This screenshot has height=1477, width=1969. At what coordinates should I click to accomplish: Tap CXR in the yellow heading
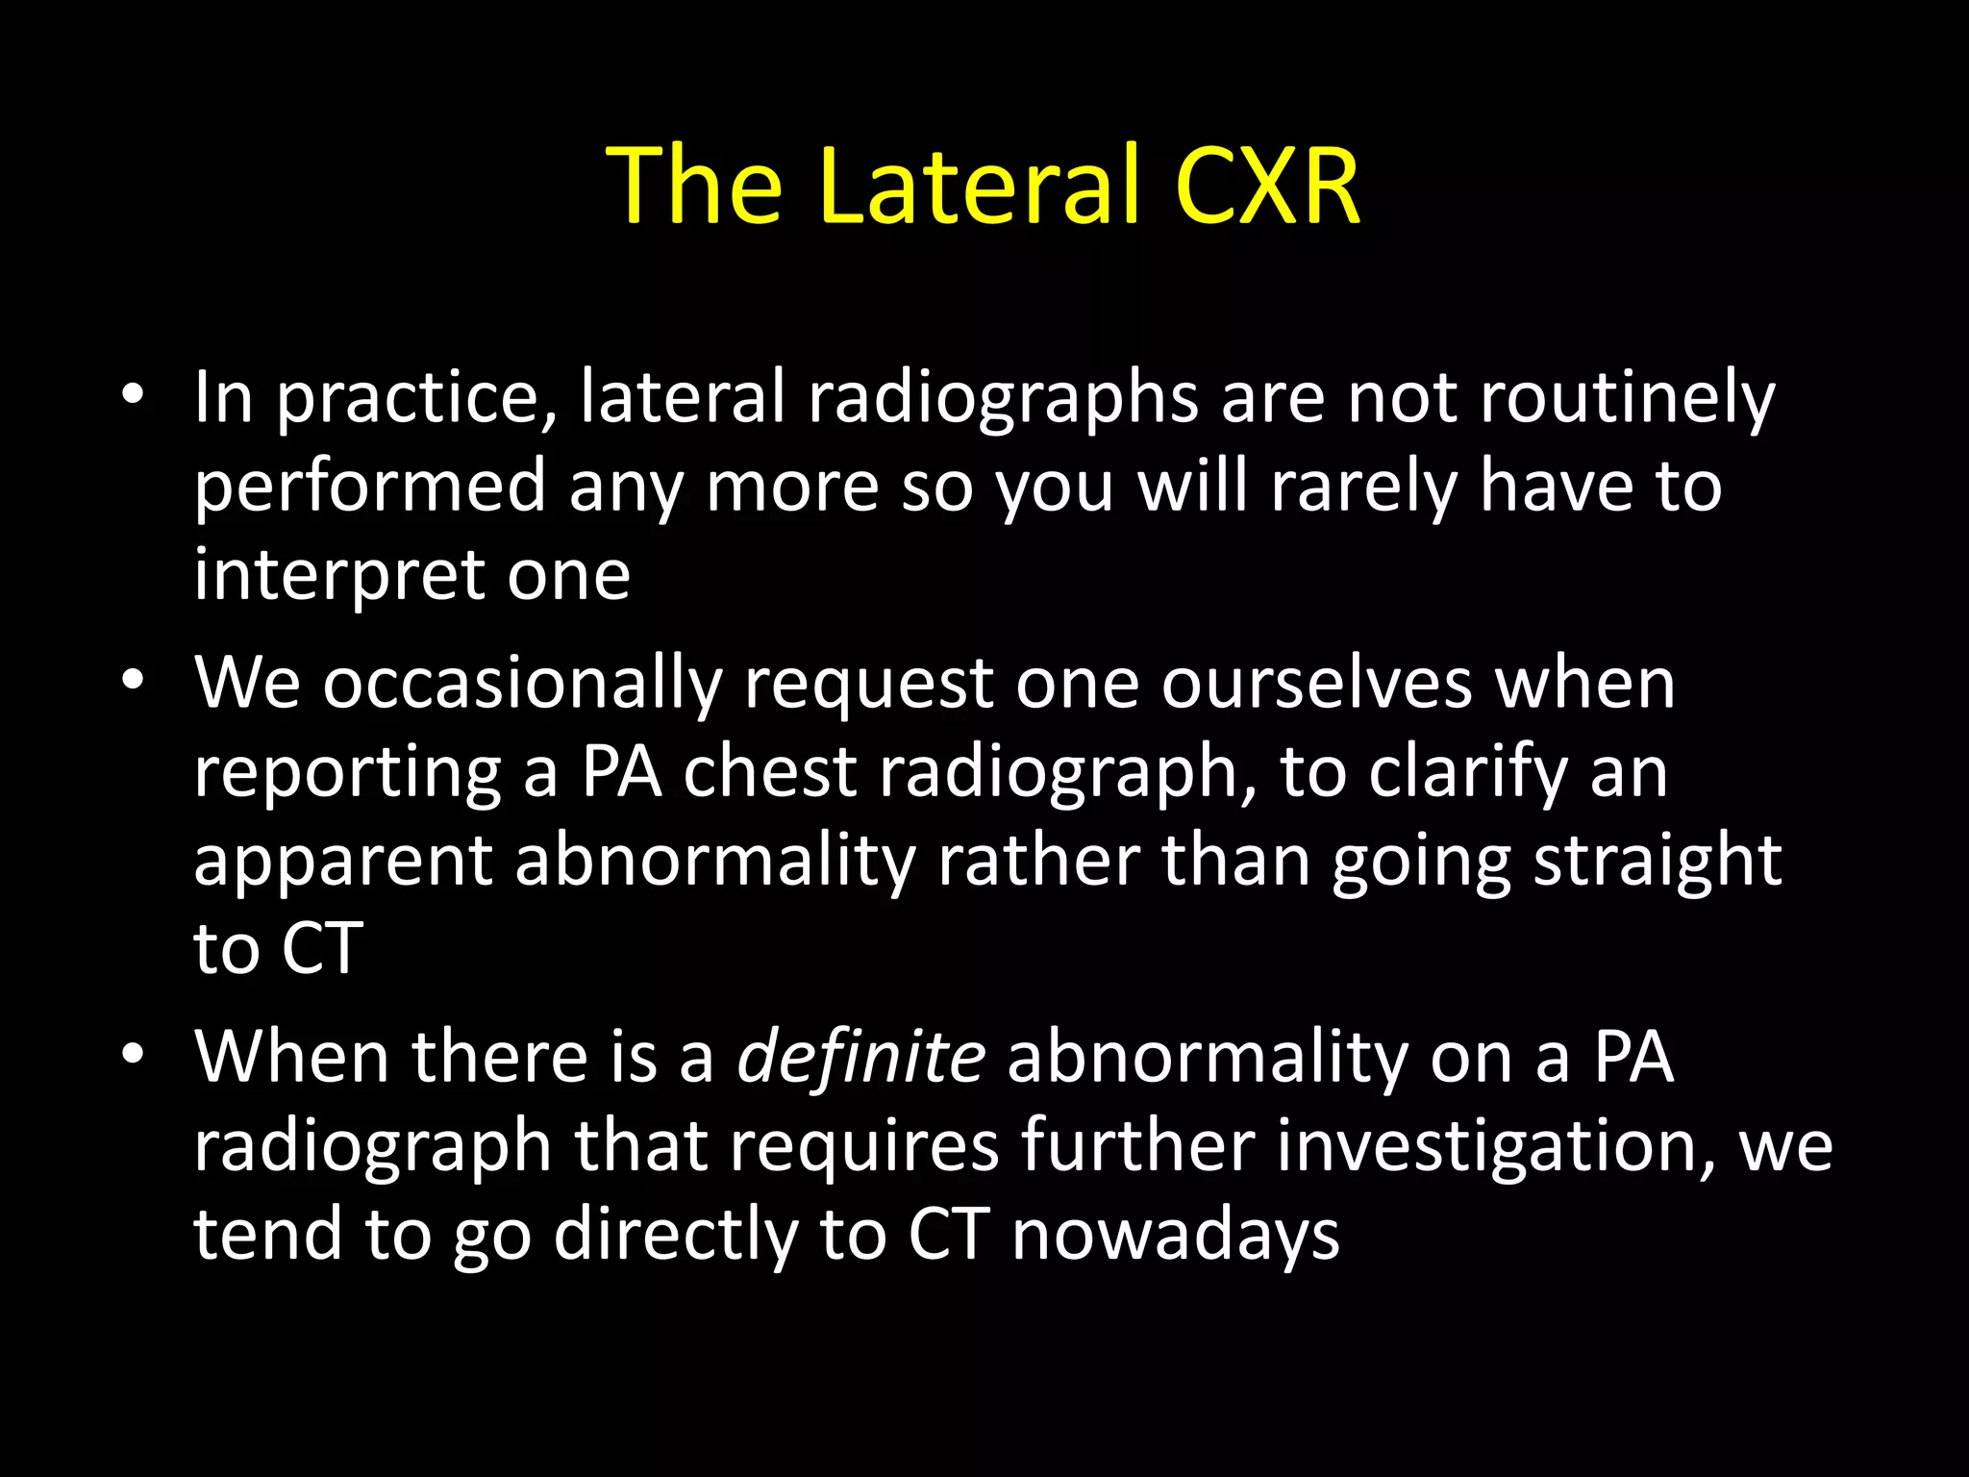[1267, 186]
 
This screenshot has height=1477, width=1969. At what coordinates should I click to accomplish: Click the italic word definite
[860, 1056]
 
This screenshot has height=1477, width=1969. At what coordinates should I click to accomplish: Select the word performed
[370, 487]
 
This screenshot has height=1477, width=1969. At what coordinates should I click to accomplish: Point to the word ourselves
[1316, 683]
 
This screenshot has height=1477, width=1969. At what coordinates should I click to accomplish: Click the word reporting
[347, 773]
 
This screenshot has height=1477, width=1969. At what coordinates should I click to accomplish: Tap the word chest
[769, 771]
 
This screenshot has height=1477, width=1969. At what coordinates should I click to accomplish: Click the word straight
[1657, 862]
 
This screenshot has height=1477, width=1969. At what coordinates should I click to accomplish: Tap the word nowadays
[1175, 1235]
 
